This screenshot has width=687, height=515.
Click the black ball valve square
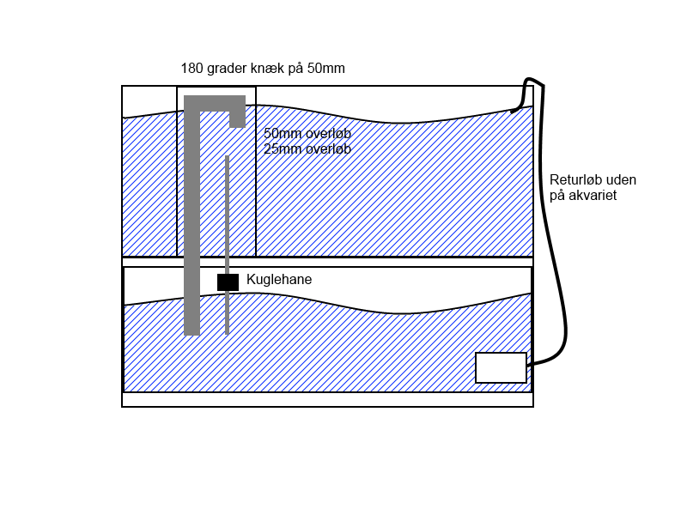pyautogui.click(x=228, y=282)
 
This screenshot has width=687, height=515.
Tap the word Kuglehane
pyautogui.click(x=279, y=280)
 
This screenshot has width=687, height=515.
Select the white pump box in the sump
pyautogui.click(x=501, y=367)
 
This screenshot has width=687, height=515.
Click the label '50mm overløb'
pyautogui.click(x=307, y=134)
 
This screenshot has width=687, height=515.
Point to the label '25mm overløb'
pyautogui.click(x=307, y=148)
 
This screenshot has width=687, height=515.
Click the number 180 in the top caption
pyautogui.click(x=192, y=68)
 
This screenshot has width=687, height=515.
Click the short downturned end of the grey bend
pyautogui.click(x=237, y=118)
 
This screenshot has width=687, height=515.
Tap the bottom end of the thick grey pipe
pyautogui.click(x=192, y=329)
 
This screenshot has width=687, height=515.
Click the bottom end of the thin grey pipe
pyautogui.click(x=227, y=330)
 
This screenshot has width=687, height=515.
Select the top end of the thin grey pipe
pyautogui.click(x=227, y=159)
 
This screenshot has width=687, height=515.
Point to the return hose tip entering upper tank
pyautogui.click(x=514, y=110)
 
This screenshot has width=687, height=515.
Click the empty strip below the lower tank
pyautogui.click(x=327, y=399)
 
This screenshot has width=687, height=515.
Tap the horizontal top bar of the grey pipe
pyautogui.click(x=215, y=103)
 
